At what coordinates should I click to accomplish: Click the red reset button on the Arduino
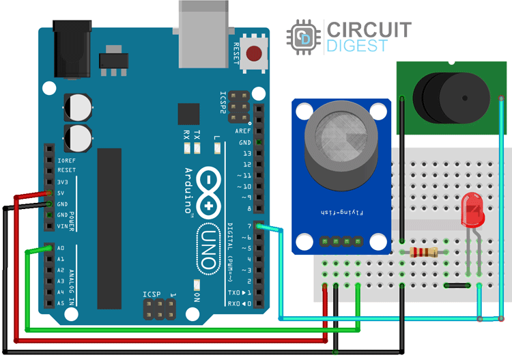(x=255, y=53)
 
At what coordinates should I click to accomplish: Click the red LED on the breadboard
(x=471, y=208)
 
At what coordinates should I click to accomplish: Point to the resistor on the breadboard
(x=423, y=252)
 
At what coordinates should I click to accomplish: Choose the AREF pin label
(x=242, y=131)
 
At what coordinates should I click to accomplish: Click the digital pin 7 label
(x=250, y=226)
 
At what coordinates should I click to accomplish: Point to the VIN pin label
(x=62, y=226)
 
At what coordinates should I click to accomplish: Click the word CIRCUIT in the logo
(x=369, y=30)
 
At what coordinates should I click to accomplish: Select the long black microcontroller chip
(x=109, y=229)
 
